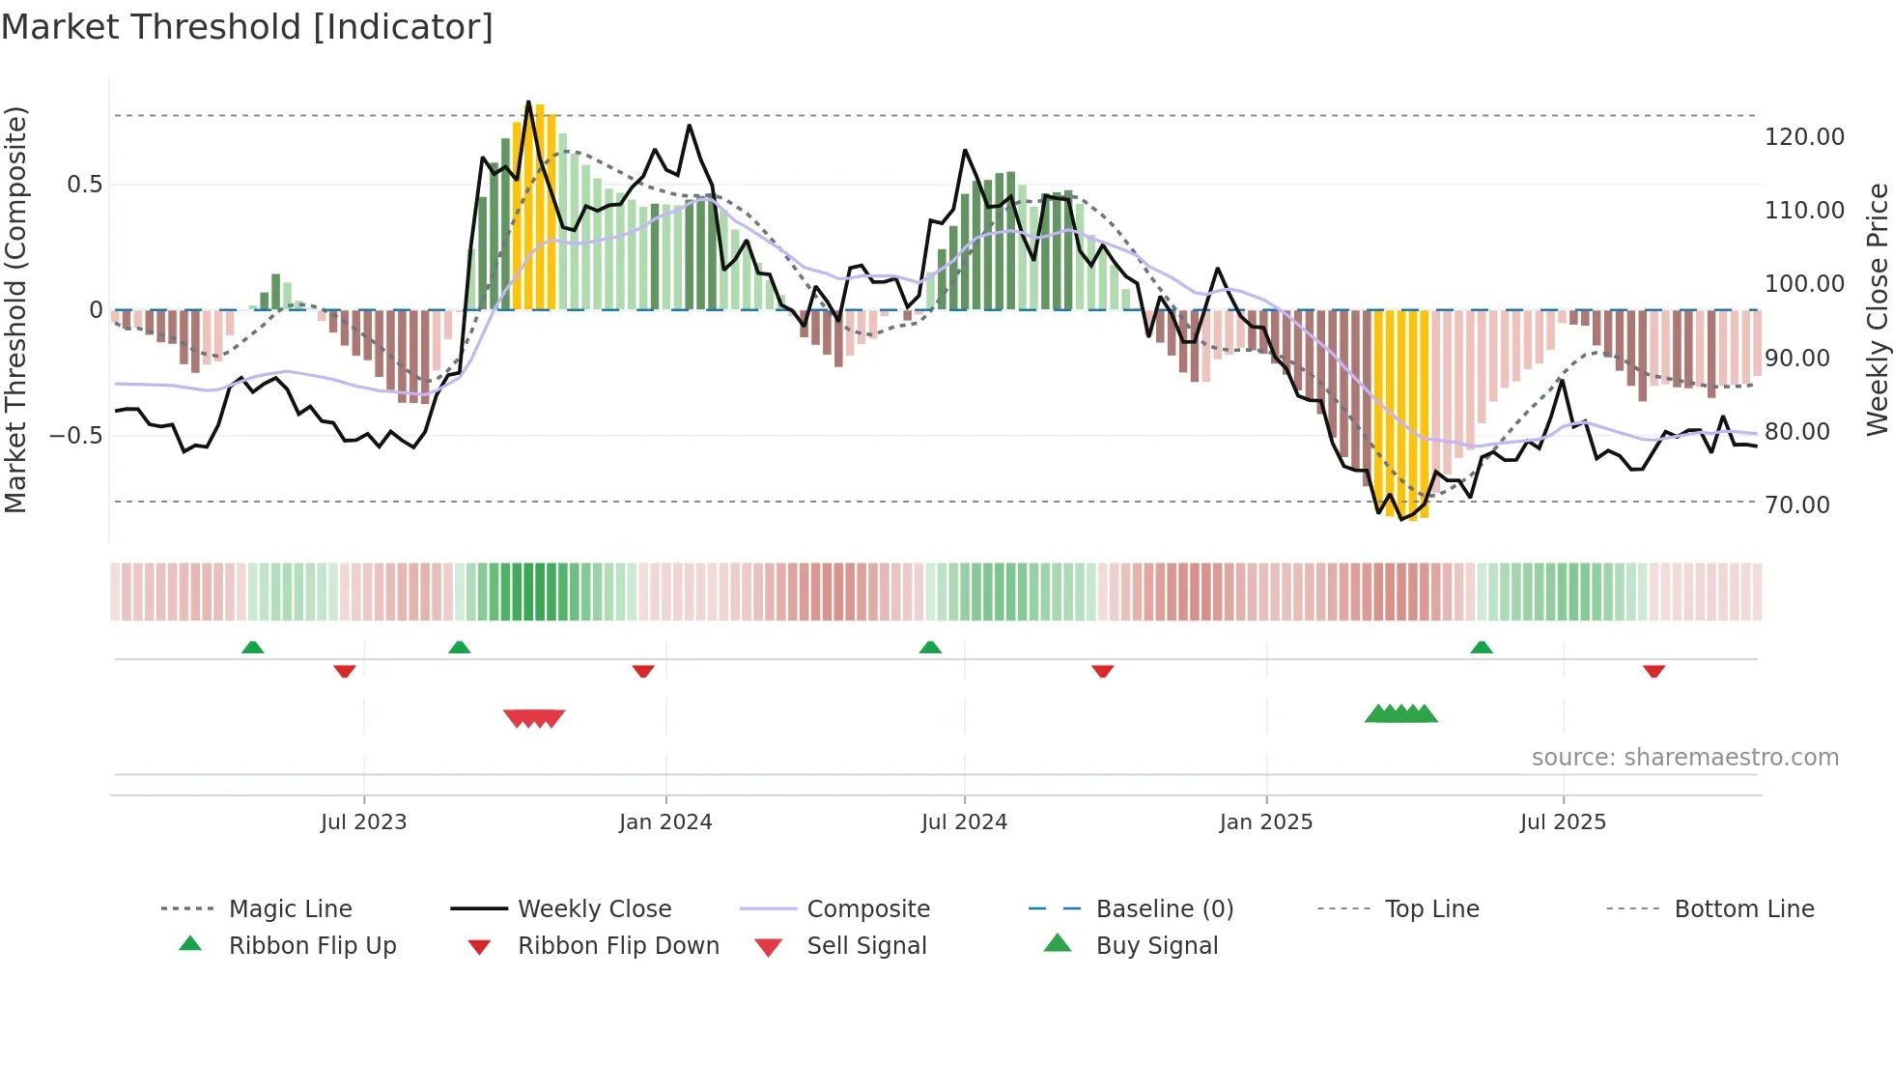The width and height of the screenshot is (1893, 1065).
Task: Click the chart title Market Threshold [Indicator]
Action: (x=247, y=27)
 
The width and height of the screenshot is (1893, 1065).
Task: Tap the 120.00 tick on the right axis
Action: (x=1803, y=137)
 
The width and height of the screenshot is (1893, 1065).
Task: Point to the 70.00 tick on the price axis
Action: (x=1796, y=504)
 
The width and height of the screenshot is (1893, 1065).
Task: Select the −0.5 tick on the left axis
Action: (x=75, y=436)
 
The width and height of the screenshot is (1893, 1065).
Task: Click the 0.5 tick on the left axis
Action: (x=84, y=185)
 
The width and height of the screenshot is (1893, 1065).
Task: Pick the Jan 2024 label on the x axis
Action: (x=664, y=822)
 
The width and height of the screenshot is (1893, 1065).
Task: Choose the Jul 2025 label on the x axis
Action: (x=1562, y=822)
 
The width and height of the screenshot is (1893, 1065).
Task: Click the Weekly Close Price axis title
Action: (x=1877, y=309)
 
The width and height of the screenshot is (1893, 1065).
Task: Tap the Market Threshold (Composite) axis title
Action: (x=15, y=309)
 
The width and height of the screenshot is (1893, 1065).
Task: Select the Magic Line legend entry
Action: (x=290, y=909)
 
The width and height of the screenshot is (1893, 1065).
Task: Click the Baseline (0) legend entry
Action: (x=1164, y=909)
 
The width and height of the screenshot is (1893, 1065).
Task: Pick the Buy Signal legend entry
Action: (x=1156, y=946)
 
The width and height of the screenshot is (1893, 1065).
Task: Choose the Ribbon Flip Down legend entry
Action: (x=618, y=946)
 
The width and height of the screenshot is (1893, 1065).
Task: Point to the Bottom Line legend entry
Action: (x=1743, y=909)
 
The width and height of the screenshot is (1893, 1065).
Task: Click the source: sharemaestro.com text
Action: (x=1684, y=758)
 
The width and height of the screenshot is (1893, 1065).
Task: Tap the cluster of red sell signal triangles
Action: (x=534, y=718)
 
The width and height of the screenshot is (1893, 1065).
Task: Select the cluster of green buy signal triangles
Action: (x=1400, y=714)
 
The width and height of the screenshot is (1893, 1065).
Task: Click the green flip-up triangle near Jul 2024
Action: (x=930, y=648)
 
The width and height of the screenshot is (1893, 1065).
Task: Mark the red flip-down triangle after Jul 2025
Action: (x=1653, y=671)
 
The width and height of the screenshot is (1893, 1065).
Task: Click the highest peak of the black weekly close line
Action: (x=528, y=102)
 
